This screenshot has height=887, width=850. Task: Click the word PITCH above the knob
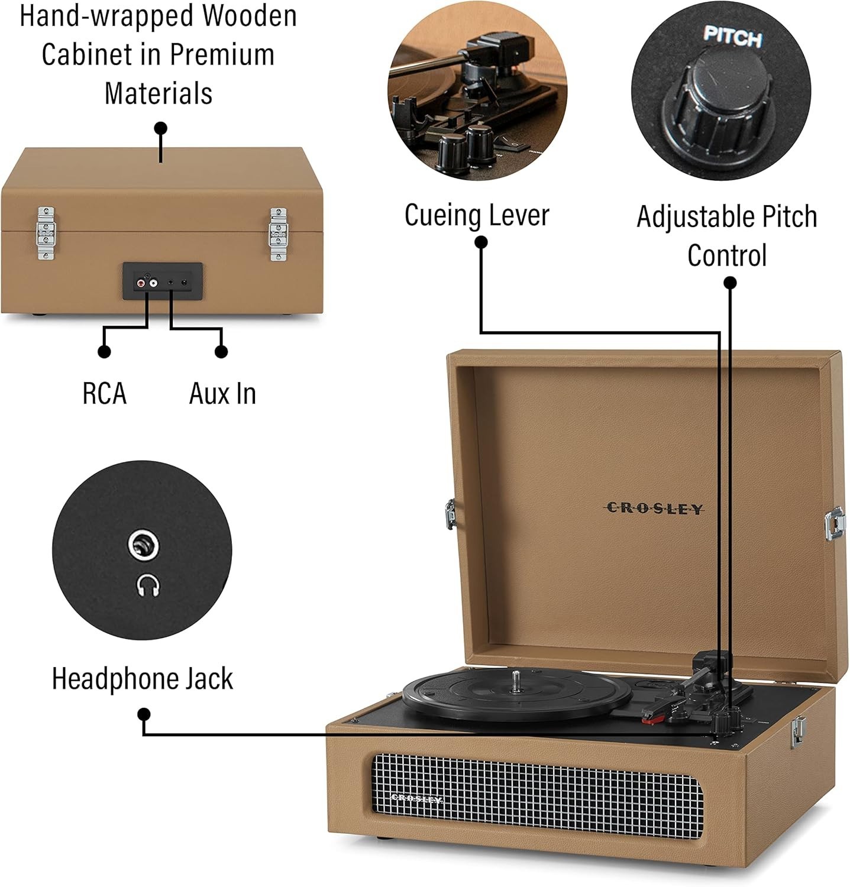pyautogui.click(x=732, y=37)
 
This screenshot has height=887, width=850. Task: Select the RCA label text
pyautogui.click(x=105, y=393)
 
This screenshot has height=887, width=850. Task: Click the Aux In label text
pyautogui.click(x=222, y=393)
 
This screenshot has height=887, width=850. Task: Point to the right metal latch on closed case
pyautogui.click(x=277, y=234)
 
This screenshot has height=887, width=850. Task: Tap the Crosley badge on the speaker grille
pyautogui.click(x=417, y=798)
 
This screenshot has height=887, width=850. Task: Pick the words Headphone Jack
pyautogui.click(x=143, y=678)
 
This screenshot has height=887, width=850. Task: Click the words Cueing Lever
pyautogui.click(x=477, y=215)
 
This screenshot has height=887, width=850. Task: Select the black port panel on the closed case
pyautogui.click(x=163, y=281)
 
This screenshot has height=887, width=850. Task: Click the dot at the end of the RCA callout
pyautogui.click(x=105, y=351)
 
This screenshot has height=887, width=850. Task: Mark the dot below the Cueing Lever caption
pyautogui.click(x=481, y=242)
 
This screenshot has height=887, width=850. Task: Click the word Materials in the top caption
pyautogui.click(x=159, y=93)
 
